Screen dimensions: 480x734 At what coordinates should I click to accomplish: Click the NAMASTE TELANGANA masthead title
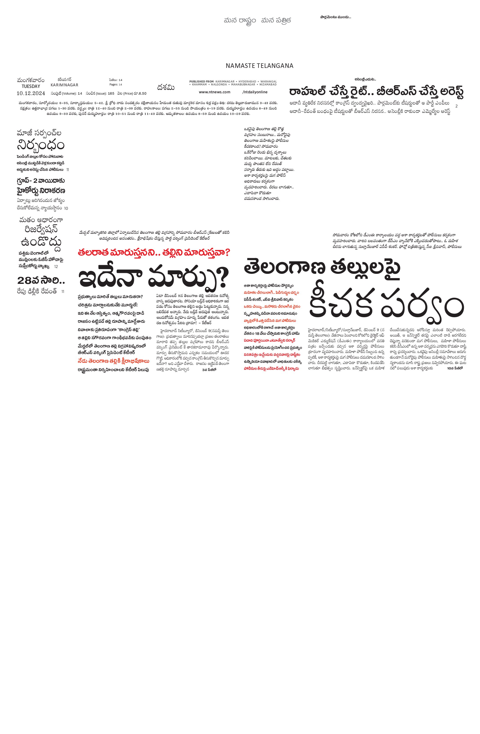259,66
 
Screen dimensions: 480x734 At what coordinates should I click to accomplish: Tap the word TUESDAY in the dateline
31,86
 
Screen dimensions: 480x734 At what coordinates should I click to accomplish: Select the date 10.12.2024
31,93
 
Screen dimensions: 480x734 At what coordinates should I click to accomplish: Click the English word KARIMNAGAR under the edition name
64,85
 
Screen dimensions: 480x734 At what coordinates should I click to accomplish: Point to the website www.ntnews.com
215,92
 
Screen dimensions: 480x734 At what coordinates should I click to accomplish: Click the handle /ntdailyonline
255,92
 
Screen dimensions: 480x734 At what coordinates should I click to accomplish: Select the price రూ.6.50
140,94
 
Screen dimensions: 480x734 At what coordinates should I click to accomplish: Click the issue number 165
111,94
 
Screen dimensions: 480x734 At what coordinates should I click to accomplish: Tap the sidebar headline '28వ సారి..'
41,280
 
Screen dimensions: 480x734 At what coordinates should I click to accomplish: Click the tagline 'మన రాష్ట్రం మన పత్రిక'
258,21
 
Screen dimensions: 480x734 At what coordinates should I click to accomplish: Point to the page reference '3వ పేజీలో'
209,369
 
